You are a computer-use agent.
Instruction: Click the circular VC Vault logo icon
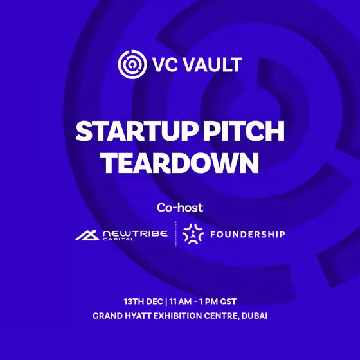(129, 63)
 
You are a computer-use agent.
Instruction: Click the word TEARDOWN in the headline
(180, 163)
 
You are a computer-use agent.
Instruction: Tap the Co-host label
(180, 208)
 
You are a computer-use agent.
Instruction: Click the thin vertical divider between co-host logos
(175, 235)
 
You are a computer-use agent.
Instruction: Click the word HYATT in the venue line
(136, 316)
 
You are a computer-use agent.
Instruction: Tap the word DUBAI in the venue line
(253, 316)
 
